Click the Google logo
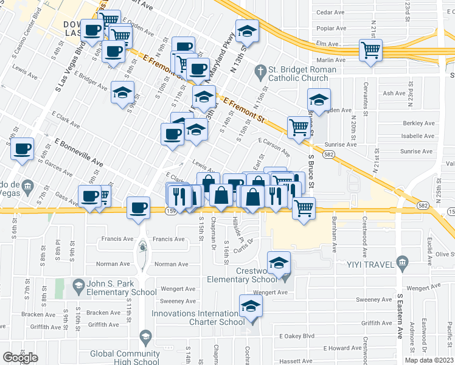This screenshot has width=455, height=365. pyautogui.click(x=20, y=357)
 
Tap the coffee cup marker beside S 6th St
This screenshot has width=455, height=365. pyautogui.click(x=23, y=148)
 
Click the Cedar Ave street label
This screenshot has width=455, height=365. pyautogui.click(x=331, y=12)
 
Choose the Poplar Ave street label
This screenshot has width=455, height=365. pyautogui.click(x=331, y=28)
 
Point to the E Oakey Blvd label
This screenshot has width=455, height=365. pyautogui.click(x=297, y=336)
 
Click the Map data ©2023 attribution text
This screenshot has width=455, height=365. pyautogui.click(x=429, y=360)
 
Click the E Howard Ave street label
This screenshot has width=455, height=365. pyautogui.click(x=342, y=348)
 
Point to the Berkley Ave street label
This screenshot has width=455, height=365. pyautogui.click(x=419, y=123)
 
